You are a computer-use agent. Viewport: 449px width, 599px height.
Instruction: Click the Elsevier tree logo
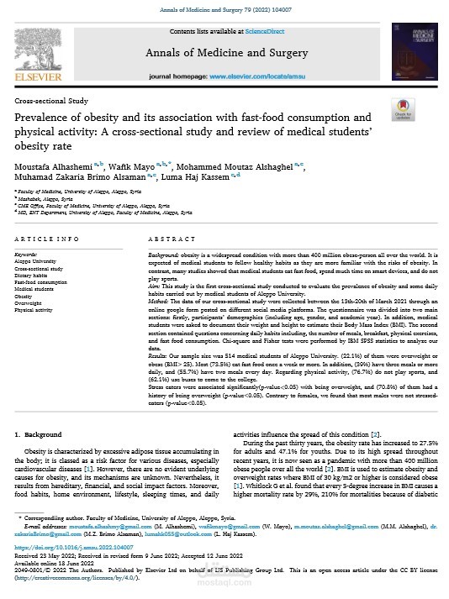click(x=38, y=52)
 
